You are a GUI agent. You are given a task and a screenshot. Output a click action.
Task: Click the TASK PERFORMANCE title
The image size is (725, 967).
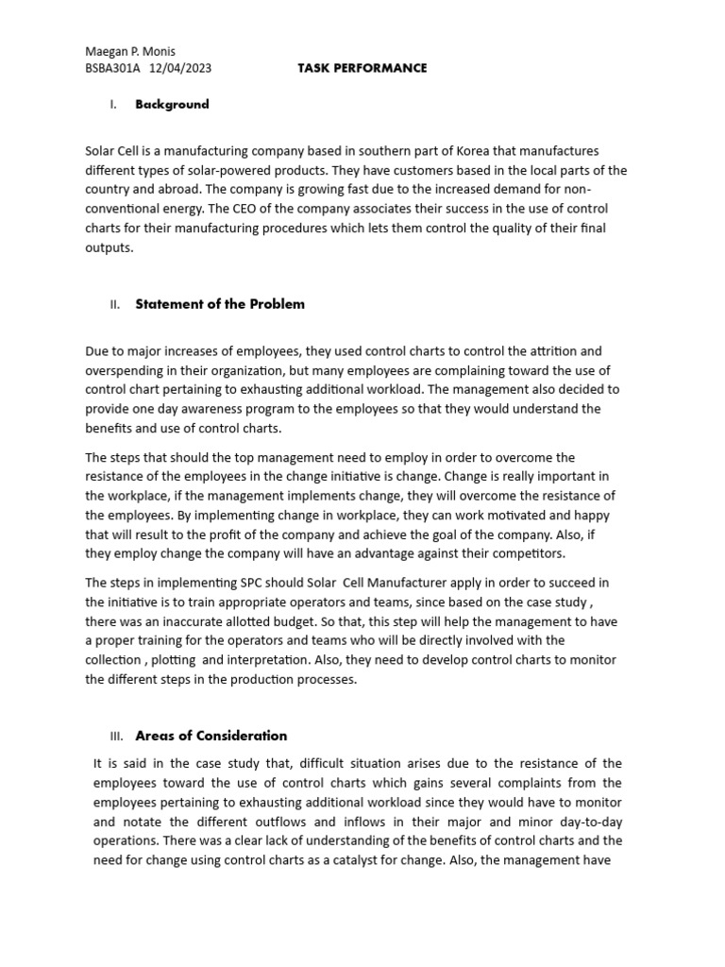coord(362,68)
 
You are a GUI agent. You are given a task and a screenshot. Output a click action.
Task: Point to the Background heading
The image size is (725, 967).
coord(172,105)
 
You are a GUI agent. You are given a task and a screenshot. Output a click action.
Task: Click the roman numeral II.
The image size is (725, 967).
coord(114,305)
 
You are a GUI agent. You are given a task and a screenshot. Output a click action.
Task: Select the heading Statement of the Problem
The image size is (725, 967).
coord(220,304)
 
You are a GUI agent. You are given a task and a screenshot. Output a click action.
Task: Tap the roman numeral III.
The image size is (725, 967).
coord(117,737)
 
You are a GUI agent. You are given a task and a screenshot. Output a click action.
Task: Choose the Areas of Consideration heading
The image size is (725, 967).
coord(211,736)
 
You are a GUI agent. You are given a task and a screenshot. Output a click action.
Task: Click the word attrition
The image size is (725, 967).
coord(554,350)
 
